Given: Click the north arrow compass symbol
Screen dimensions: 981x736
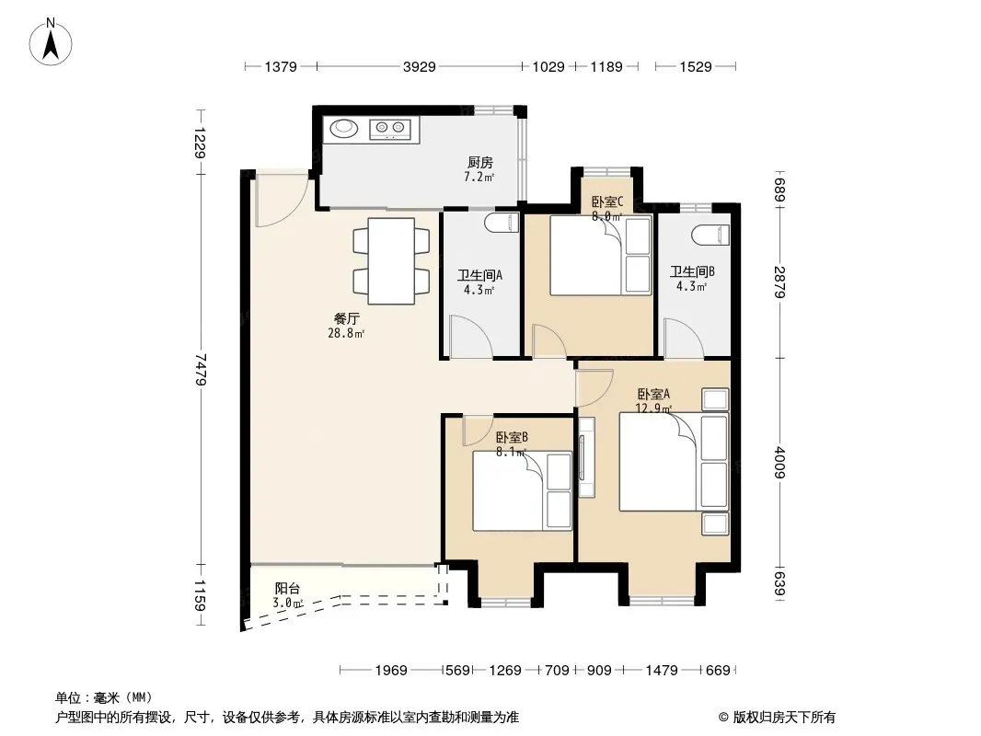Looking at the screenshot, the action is pyautogui.click(x=51, y=42).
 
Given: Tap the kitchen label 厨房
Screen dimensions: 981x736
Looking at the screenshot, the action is pyautogui.click(x=479, y=163).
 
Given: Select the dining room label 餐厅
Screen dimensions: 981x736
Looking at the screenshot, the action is pyautogui.click(x=347, y=319).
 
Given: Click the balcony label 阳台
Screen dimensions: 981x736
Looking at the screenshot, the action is pyautogui.click(x=287, y=589).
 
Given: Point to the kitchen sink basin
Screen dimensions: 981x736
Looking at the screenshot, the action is pyautogui.click(x=343, y=128).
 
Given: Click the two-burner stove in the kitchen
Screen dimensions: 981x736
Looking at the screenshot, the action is pyautogui.click(x=389, y=129).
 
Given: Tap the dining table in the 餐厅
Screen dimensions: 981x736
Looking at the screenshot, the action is pyautogui.click(x=391, y=260).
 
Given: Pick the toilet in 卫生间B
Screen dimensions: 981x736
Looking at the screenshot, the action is pyautogui.click(x=711, y=235).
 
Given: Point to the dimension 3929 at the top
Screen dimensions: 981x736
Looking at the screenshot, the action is pyautogui.click(x=419, y=66).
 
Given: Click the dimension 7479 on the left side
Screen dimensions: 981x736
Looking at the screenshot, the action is pyautogui.click(x=201, y=369).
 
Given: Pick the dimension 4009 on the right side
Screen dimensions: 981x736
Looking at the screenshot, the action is pyautogui.click(x=779, y=462).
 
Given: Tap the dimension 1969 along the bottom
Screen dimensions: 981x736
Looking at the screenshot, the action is pyautogui.click(x=391, y=671).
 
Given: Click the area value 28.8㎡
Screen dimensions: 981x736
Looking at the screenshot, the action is pyautogui.click(x=346, y=333).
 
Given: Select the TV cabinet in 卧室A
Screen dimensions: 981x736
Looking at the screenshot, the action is pyautogui.click(x=586, y=456).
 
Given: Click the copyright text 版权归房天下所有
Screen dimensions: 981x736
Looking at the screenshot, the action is pyautogui.click(x=784, y=718).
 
